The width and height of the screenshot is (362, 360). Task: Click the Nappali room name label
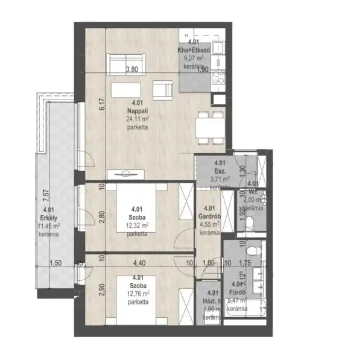click(135, 112)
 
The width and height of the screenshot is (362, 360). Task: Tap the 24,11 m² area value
click(137, 119)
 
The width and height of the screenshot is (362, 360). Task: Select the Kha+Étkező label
click(193, 51)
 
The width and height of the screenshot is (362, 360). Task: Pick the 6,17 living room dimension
click(103, 104)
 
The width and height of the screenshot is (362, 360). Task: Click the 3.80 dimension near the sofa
click(131, 69)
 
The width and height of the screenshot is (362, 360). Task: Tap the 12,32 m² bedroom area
click(137, 226)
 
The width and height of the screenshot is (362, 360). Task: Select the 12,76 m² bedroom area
click(137, 294)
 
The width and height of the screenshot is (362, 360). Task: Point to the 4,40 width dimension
click(138, 263)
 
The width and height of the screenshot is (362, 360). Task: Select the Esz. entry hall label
click(221, 171)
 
